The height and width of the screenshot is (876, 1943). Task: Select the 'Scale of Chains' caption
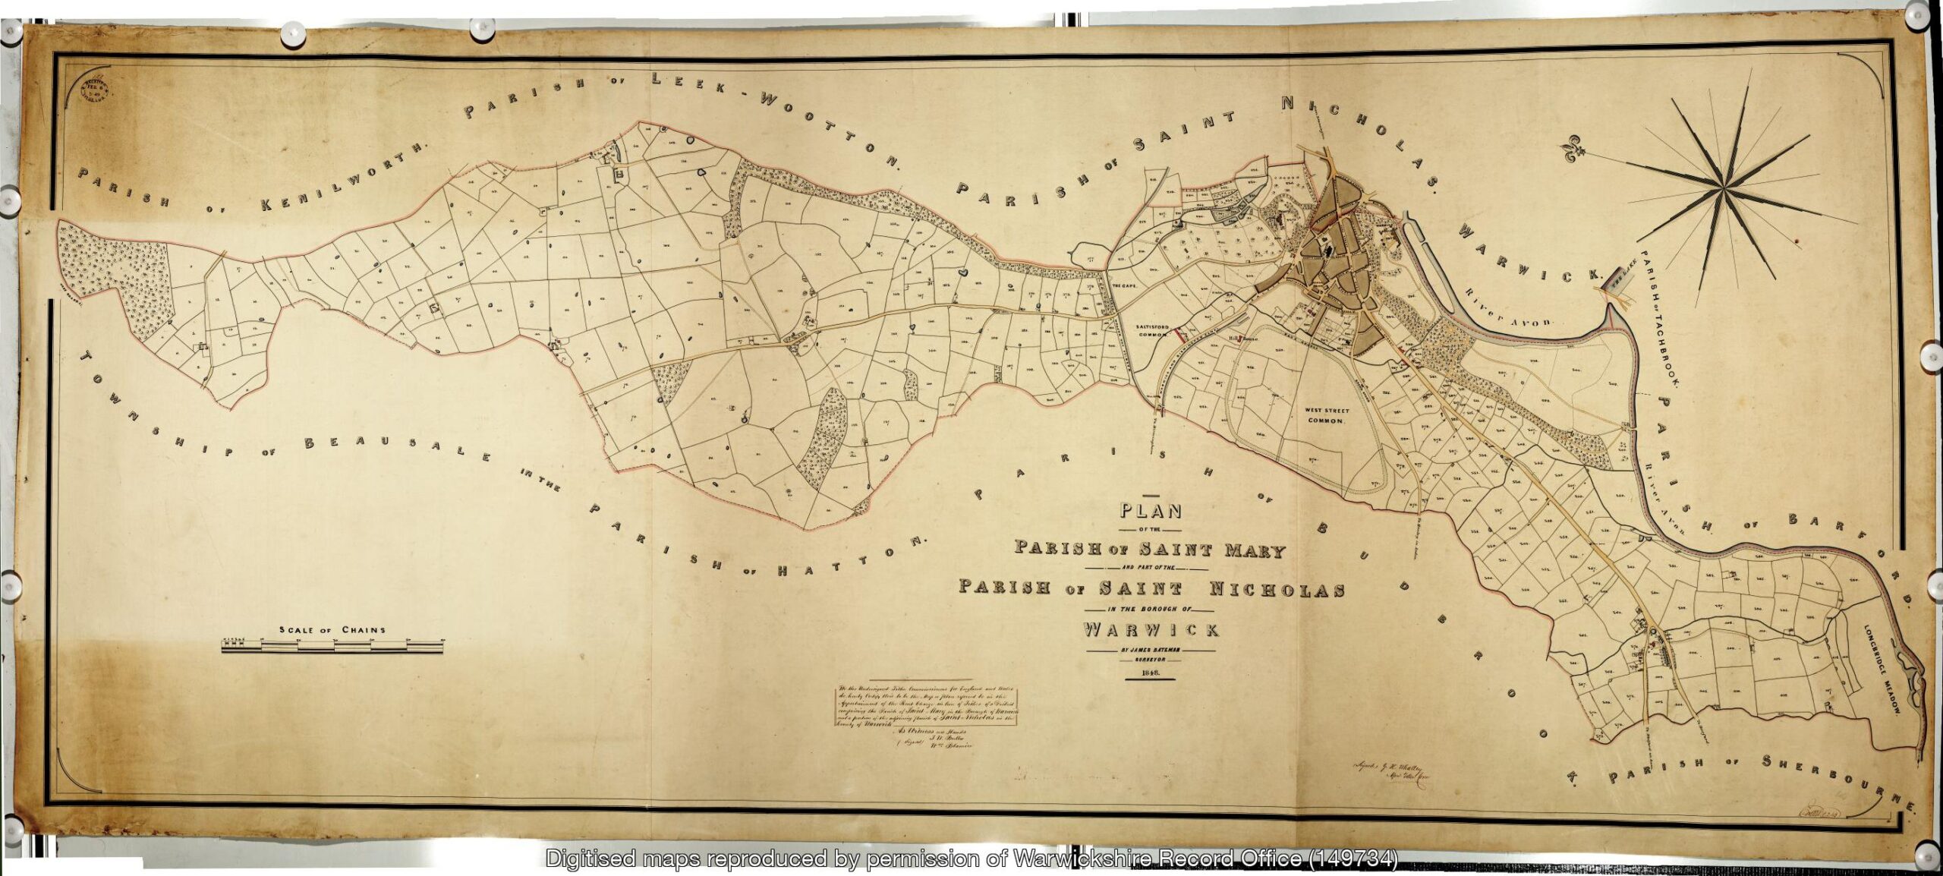point(332,630)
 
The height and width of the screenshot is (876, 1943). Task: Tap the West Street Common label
point(1326,415)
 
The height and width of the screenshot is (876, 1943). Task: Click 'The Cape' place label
point(1123,286)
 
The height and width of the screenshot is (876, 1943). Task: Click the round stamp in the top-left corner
point(96,90)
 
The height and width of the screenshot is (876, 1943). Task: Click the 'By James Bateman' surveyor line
point(1151,650)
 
